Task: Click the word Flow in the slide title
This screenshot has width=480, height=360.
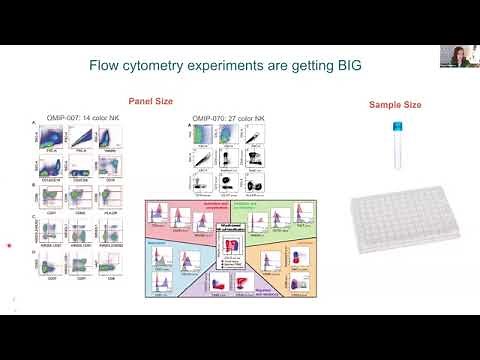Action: [108, 67]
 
